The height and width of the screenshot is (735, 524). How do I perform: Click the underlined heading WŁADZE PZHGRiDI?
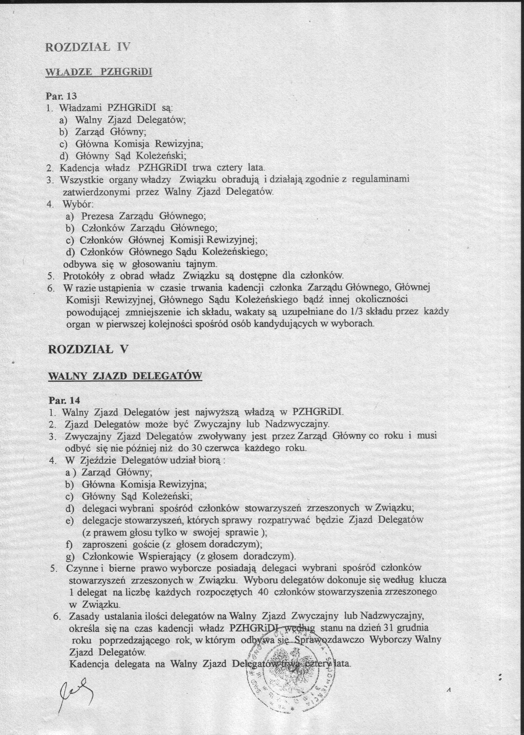pos(98,72)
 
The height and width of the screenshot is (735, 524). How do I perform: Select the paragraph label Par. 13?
pos(61,96)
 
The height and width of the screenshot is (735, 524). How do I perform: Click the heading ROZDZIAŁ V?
pos(88,349)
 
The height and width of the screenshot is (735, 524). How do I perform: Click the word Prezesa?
pos(98,216)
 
